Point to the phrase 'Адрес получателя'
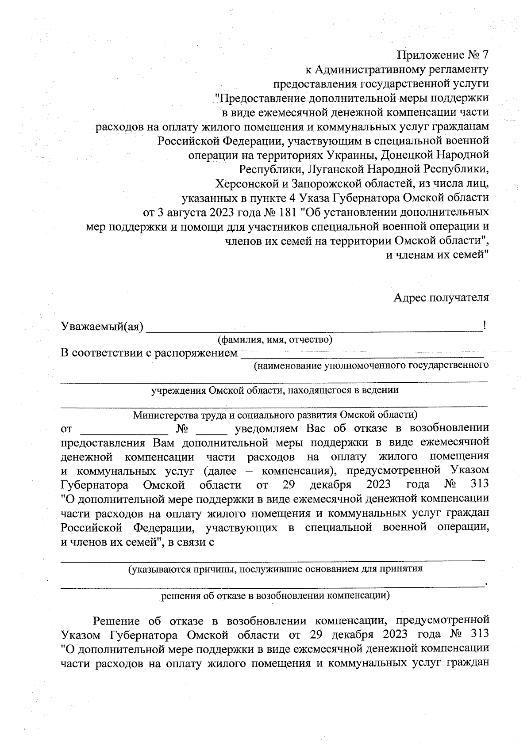click(x=441, y=297)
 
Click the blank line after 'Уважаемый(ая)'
click(x=314, y=329)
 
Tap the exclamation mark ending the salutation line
click(x=485, y=327)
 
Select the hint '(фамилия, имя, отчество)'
click(x=274, y=339)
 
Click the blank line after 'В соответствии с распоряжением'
click(x=361, y=355)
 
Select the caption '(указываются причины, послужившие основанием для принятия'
click(x=275, y=569)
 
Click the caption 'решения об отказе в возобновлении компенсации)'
click(x=275, y=595)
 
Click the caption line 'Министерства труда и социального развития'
click(x=274, y=415)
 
